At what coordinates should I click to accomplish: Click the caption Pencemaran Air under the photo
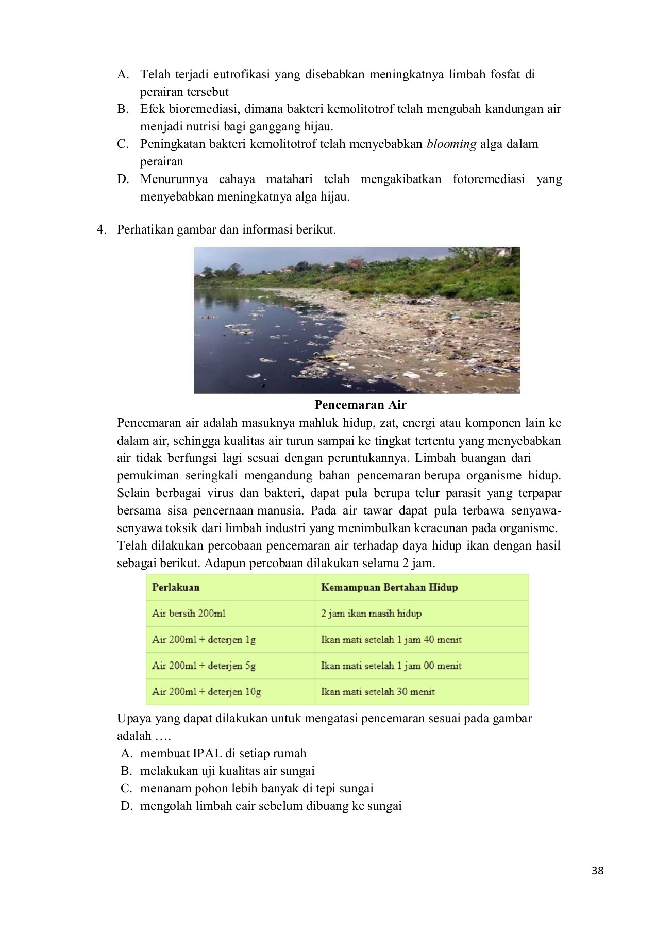pyautogui.click(x=360, y=405)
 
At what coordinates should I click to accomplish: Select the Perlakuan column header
pyautogui.click(x=176, y=587)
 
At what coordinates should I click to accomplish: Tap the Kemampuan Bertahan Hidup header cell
pyautogui.click(x=389, y=587)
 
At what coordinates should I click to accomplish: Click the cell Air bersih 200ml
pyautogui.click(x=189, y=614)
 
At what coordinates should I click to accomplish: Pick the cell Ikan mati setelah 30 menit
pyautogui.click(x=378, y=692)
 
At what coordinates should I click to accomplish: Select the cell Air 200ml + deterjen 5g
pyautogui.click(x=204, y=666)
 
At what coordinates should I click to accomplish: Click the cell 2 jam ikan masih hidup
pyautogui.click(x=371, y=614)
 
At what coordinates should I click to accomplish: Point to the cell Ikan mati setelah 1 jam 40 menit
pyautogui.click(x=391, y=640)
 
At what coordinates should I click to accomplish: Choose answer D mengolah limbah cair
pyautogui.click(x=271, y=806)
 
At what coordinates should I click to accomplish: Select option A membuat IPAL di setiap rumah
pyautogui.click(x=223, y=753)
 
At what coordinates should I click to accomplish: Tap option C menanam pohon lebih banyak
pyautogui.click(x=256, y=788)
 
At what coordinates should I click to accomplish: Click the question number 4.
pyautogui.click(x=102, y=229)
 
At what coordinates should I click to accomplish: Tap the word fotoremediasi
pyautogui.click(x=489, y=179)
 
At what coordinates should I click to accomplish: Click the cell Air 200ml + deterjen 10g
pyautogui.click(x=206, y=692)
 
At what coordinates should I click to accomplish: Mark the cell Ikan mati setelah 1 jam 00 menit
pyautogui.click(x=391, y=666)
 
